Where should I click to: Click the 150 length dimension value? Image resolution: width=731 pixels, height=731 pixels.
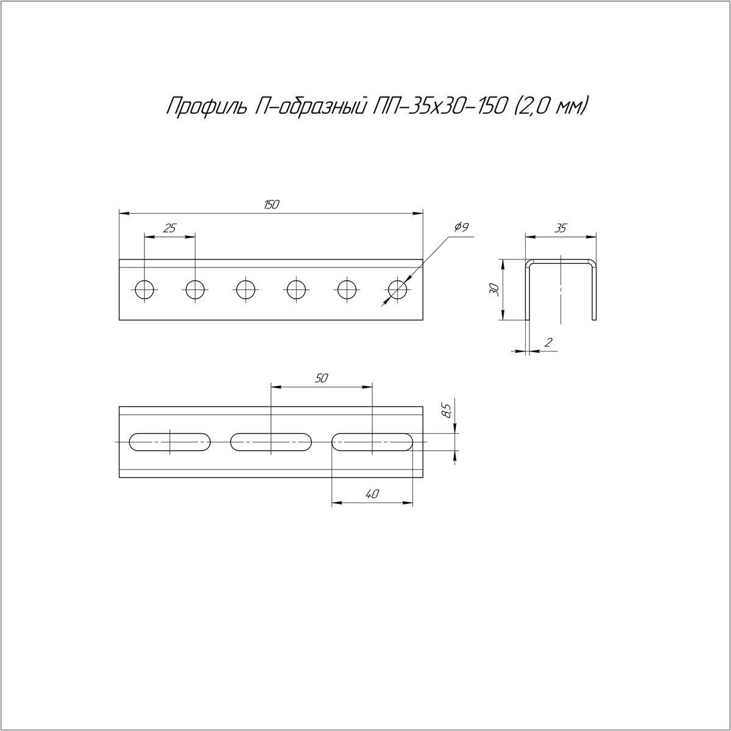(271, 205)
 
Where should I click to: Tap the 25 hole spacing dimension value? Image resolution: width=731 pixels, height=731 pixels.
(170, 228)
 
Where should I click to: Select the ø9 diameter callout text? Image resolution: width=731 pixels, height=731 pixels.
(462, 227)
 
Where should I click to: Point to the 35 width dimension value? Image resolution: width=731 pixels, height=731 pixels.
(560, 228)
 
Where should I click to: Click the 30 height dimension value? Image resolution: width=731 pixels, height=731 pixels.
(493, 290)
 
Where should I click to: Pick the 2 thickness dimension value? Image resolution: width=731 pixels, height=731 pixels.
(548, 342)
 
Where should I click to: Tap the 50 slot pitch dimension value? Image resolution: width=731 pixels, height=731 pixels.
(321, 378)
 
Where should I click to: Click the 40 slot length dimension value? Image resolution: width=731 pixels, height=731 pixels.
(372, 493)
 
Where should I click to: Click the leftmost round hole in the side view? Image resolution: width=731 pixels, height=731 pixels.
(144, 290)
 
